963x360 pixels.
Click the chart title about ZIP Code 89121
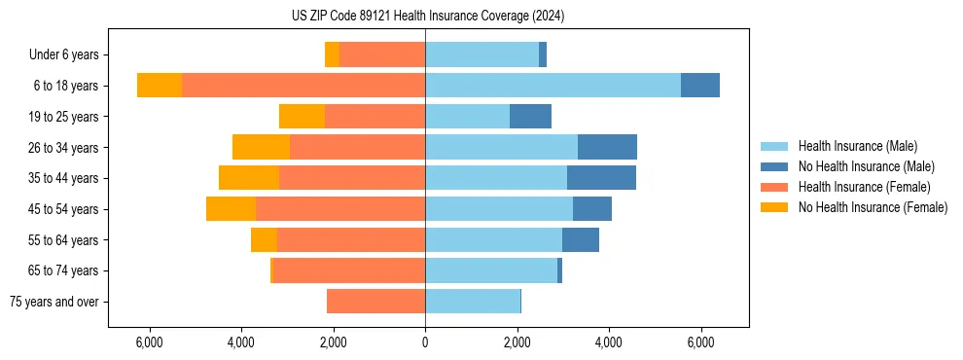coord(427,16)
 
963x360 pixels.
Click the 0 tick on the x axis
coord(425,342)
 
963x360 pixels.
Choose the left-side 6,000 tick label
coord(149,342)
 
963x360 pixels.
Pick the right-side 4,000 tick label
coord(609,342)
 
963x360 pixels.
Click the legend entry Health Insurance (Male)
coord(857,146)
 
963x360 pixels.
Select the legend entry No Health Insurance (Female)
coord(873,207)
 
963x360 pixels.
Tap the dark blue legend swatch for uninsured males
coord(775,166)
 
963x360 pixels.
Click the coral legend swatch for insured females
coord(775,187)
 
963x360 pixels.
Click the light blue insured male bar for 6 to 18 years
coord(553,86)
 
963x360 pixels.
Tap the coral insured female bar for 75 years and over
coord(375,302)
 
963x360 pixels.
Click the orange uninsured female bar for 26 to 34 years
coord(261,147)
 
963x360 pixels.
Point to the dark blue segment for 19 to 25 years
coord(530,117)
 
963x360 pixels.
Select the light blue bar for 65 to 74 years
coord(491,270)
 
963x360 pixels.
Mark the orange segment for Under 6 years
coord(332,55)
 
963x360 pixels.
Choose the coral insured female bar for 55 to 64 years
coord(351,239)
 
